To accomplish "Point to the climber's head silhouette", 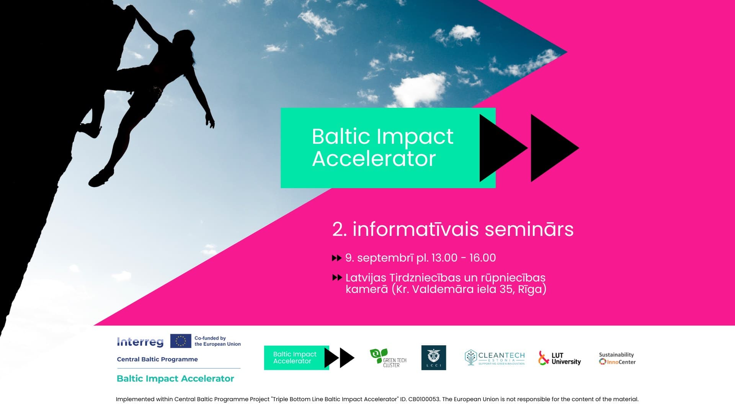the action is tap(183, 39).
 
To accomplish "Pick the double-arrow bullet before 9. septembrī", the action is tap(336, 258).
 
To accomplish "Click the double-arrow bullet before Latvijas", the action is tap(337, 278).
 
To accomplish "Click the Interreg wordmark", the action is tap(140, 342).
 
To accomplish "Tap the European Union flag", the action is tap(181, 341).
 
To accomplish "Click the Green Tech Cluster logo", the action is tap(388, 358).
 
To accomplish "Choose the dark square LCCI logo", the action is tap(434, 358).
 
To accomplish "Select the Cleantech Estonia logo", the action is tap(495, 358).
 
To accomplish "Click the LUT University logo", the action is tap(560, 358).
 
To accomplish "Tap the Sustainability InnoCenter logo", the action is tap(617, 358).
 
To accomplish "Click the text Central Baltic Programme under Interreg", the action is tap(157, 359).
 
